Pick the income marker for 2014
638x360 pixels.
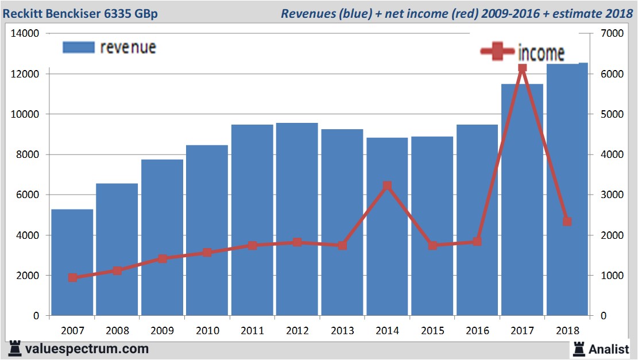tap(387, 186)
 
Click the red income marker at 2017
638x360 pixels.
tap(522, 68)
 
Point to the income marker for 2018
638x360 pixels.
tap(567, 222)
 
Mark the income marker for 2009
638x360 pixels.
tap(163, 258)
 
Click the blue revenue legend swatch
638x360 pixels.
tap(78, 47)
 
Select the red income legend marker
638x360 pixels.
tap(497, 52)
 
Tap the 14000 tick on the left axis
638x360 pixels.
tap(25, 34)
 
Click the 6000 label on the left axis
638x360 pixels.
tap(28, 195)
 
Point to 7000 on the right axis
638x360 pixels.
tap(610, 34)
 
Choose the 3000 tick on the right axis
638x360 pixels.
tap(610, 195)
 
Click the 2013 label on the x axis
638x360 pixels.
tap(342, 331)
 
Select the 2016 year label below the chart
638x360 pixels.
tap(477, 331)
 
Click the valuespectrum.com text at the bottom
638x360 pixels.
tap(86, 349)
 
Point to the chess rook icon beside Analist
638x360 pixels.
tap(579, 348)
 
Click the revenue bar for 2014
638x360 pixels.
tap(387, 253)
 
